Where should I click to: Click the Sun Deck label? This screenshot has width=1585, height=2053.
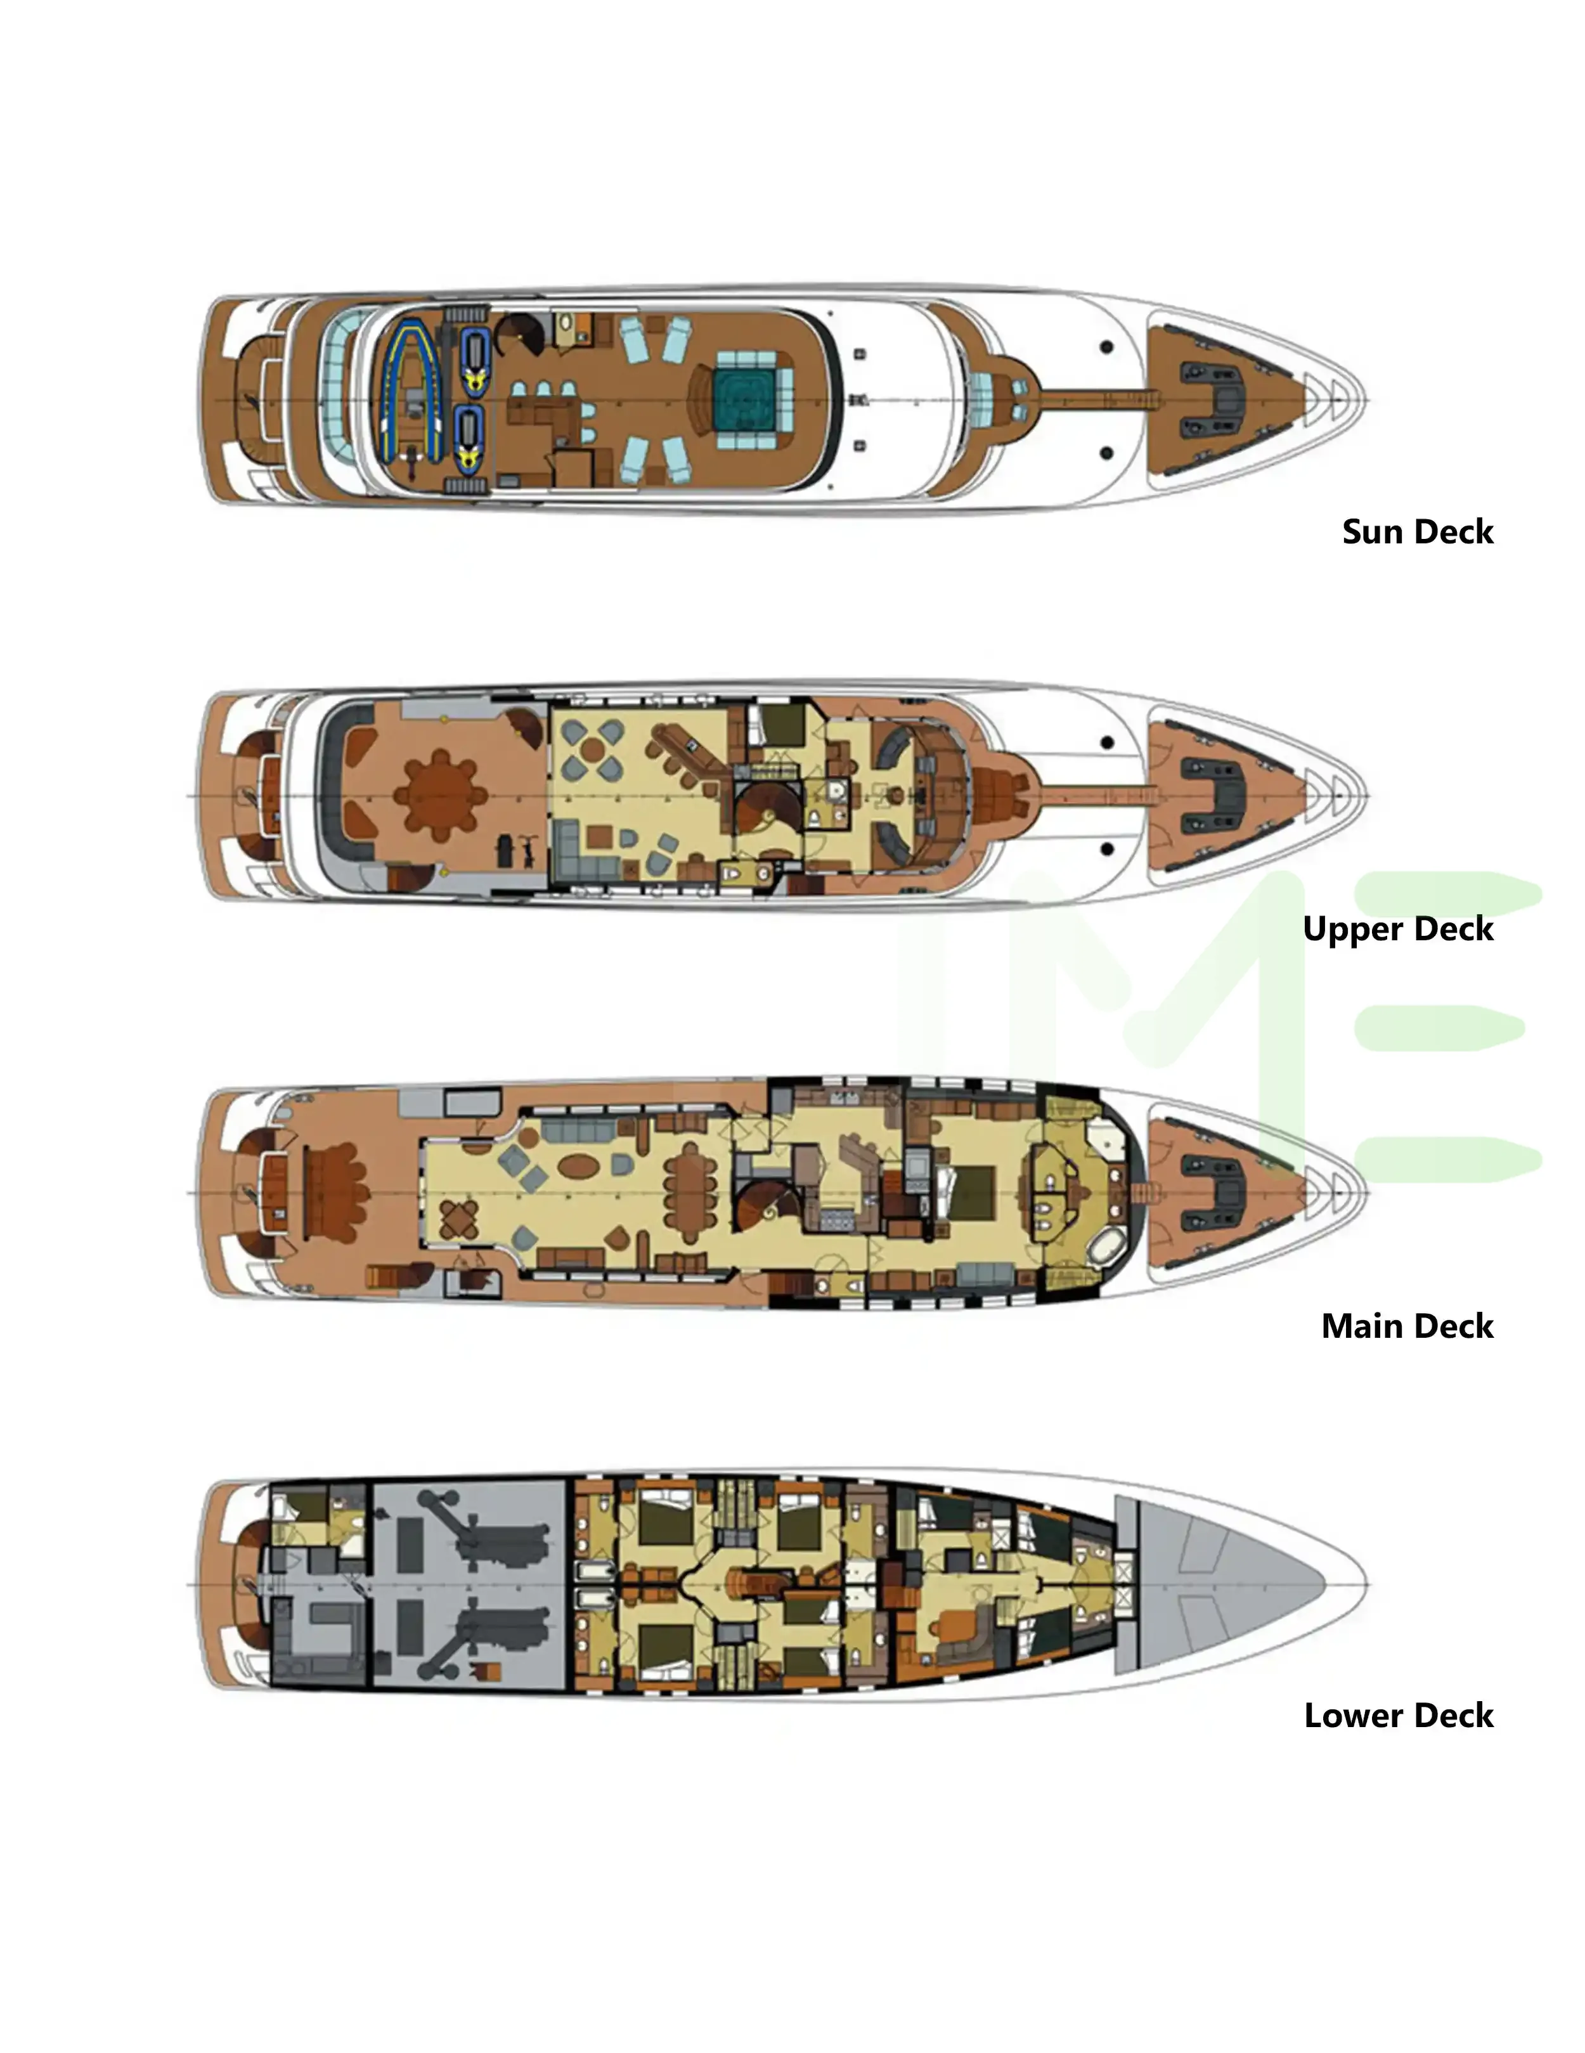coord(1417,532)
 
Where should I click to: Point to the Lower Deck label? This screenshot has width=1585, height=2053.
coord(1398,1716)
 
